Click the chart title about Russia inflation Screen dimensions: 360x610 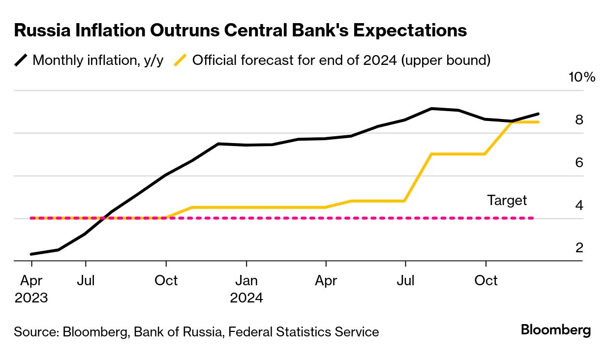point(241,30)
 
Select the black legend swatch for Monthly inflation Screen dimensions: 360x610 point(21,60)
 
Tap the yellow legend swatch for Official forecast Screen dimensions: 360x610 point(181,60)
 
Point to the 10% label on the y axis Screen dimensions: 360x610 point(582,77)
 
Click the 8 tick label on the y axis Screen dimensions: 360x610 point(579,120)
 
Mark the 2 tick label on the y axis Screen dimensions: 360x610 point(579,248)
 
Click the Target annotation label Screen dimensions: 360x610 point(507,200)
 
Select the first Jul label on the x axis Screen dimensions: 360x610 point(86,281)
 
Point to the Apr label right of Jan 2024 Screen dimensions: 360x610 point(326,281)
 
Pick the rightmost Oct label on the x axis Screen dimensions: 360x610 point(486,281)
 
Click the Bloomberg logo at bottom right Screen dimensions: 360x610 point(556,330)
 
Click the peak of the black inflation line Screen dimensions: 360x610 point(431,108)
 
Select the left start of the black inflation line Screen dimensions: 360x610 point(31,254)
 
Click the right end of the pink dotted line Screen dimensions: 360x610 point(533,218)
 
